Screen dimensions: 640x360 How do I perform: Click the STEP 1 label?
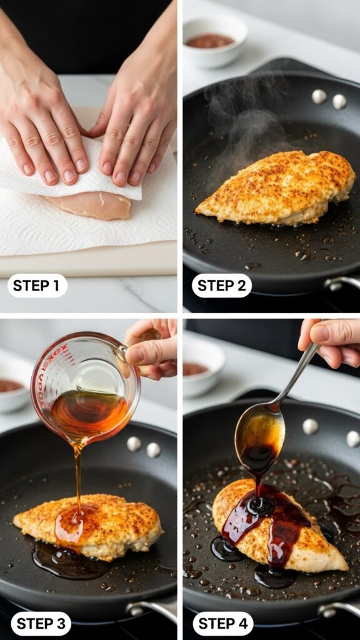(x=37, y=286)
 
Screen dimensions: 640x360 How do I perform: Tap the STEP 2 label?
(x=221, y=286)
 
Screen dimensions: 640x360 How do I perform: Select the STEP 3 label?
(x=41, y=623)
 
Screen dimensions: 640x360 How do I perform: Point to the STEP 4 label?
(x=222, y=623)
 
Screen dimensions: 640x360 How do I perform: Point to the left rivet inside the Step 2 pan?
(x=319, y=96)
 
